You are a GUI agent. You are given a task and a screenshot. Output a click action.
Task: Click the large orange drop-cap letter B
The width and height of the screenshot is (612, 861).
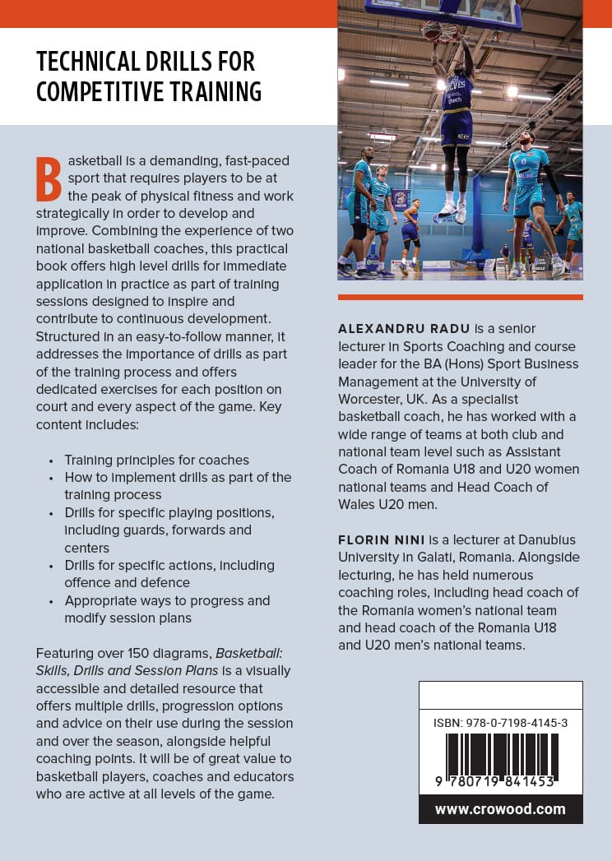click(49, 178)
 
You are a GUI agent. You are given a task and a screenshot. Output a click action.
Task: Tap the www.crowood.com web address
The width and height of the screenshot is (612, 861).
click(500, 808)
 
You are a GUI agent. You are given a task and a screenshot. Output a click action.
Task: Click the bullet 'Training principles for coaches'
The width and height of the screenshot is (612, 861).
click(156, 460)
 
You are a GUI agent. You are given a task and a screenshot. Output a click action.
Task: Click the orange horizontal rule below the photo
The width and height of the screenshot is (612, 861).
click(460, 297)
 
